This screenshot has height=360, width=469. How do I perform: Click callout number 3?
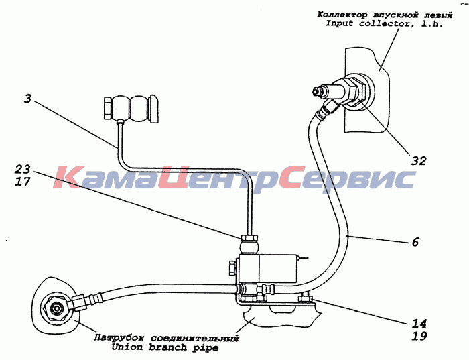click(x=27, y=99)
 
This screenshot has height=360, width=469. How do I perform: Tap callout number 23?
click(x=23, y=169)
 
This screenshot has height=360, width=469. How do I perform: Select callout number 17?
click(x=23, y=182)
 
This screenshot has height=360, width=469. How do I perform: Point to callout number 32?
click(x=419, y=161)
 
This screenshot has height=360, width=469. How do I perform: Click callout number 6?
click(x=415, y=242)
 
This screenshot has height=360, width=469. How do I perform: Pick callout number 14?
click(x=419, y=324)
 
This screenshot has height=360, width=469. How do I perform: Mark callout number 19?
click(x=419, y=336)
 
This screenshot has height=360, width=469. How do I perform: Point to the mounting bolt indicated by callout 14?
click(x=306, y=298)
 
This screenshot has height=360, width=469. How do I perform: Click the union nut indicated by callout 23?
click(x=249, y=238)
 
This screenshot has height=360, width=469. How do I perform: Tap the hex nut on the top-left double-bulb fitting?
click(x=107, y=108)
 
